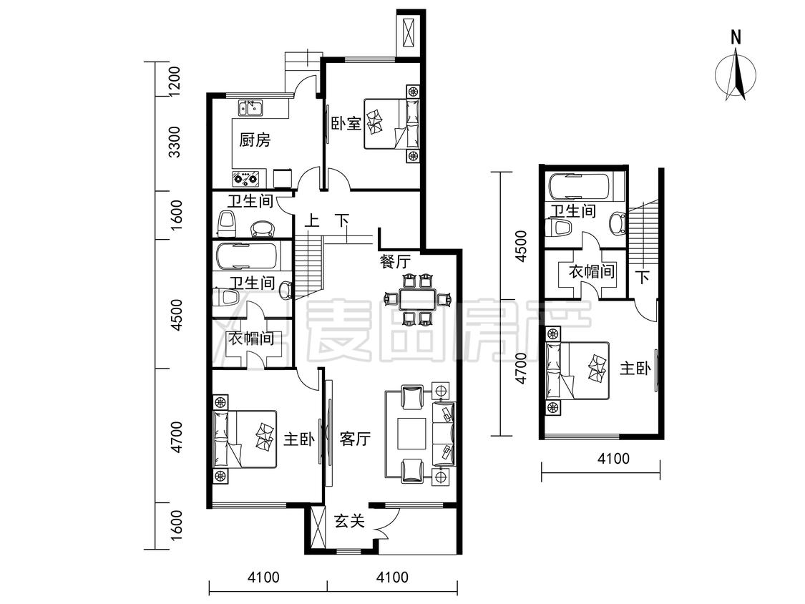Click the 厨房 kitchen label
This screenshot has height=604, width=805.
255,139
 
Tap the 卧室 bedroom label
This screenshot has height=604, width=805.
346,123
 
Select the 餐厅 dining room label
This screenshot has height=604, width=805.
395,261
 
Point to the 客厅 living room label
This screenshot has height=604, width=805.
355,439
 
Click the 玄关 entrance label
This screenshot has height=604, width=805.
350,521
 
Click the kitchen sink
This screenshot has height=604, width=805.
250,108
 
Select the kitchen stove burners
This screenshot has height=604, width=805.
246,179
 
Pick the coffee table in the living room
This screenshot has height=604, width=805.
411,434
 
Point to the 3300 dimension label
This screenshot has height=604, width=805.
174,142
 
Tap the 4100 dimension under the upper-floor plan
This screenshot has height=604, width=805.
613,457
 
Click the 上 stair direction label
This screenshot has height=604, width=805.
312,221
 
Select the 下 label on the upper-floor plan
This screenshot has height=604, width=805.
643,277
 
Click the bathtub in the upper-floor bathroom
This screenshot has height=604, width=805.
579,187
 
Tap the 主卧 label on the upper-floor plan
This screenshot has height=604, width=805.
635,369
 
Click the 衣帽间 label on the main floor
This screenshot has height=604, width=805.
251,338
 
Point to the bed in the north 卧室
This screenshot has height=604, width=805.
391,124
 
